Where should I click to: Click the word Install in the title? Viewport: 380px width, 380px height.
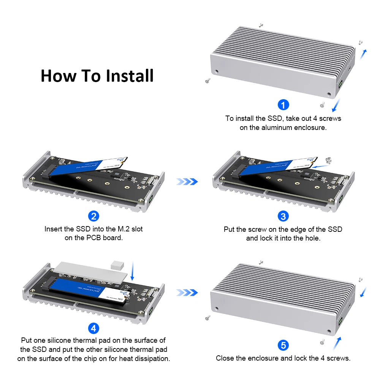pos(130,76)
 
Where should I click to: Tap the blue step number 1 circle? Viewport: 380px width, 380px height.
pos(283,104)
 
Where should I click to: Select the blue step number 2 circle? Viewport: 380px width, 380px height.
pos(93,216)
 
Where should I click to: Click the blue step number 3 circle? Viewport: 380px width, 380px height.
pos(283,216)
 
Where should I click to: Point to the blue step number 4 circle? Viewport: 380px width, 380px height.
pos(93,328)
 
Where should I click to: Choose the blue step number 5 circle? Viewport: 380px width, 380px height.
pos(283,345)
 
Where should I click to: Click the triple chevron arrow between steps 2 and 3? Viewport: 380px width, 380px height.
pos(187,182)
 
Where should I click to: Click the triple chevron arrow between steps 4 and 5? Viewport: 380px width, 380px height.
pos(187,293)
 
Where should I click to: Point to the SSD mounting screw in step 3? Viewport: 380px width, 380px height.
pos(329,160)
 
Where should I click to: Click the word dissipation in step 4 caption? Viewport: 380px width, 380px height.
pos(149,358)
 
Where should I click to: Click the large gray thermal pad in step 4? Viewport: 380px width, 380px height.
pos(87,272)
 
